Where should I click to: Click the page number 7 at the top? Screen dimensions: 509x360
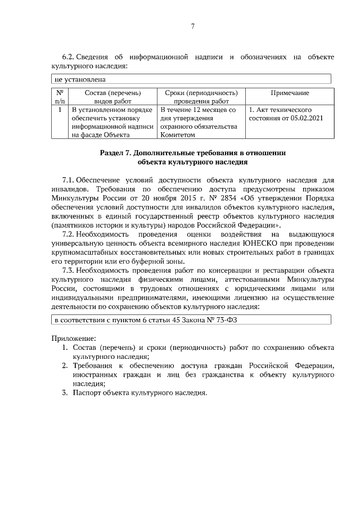click(x=192, y=26)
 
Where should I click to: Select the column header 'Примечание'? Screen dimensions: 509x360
click(x=289, y=92)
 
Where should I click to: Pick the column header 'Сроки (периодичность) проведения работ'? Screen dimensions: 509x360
click(x=201, y=96)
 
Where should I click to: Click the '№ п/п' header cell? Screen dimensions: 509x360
click(x=60, y=96)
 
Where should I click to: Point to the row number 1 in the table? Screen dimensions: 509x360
click(x=60, y=110)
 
